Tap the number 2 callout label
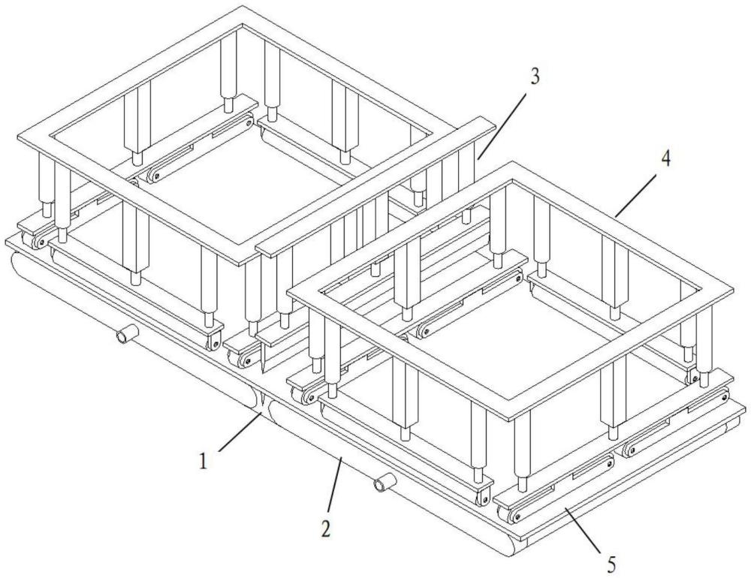pos(326,528)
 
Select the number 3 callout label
pos(534,77)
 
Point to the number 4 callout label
pos(665,158)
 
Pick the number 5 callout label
pos(611,563)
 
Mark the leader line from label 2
pos(335,485)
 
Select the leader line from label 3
pos(502,126)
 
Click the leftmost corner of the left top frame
pos(18,139)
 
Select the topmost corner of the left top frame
pos(243,6)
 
